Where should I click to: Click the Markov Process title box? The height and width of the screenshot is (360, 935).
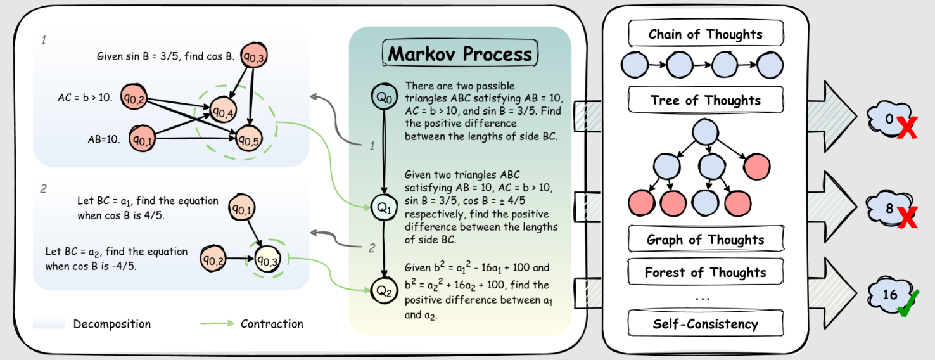[460, 53]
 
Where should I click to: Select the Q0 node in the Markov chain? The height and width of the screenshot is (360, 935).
[384, 96]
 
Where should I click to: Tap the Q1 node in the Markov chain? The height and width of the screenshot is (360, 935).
[384, 207]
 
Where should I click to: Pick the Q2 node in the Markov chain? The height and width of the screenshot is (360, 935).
[384, 290]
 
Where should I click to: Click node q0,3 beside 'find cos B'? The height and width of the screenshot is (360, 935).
[254, 56]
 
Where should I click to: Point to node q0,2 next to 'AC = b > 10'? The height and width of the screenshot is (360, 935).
[134, 97]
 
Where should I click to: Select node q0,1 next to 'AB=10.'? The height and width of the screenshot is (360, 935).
[143, 138]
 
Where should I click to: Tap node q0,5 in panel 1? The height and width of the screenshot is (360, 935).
[249, 138]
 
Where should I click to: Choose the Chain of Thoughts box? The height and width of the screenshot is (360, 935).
[706, 33]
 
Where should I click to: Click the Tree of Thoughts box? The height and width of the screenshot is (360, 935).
[706, 100]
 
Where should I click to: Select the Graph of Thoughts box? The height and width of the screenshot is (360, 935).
[706, 239]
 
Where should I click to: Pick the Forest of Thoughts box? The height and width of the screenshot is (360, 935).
[706, 271]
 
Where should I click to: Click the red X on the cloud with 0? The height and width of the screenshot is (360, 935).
[906, 127]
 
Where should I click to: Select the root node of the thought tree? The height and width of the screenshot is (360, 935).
[706, 132]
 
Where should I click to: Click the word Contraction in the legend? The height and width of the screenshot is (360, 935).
[272, 324]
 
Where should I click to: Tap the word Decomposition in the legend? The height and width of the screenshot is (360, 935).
[112, 324]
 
